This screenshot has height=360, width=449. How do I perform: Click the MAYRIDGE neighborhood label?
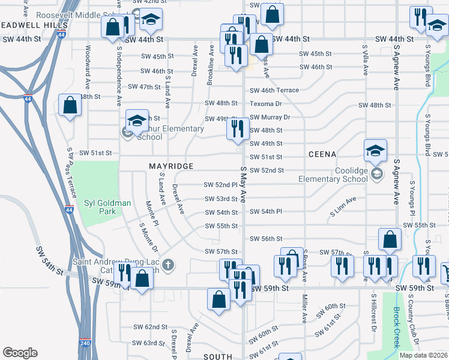point(171,166)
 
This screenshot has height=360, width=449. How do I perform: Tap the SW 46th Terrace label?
point(274,90)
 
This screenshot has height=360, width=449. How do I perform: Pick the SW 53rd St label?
point(221,199)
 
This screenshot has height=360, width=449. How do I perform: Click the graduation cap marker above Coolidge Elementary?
point(376,150)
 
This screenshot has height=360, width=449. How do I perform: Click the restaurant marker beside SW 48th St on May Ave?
point(238,128)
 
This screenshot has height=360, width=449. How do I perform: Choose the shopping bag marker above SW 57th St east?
point(390,239)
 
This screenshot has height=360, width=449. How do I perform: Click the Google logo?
point(20,353)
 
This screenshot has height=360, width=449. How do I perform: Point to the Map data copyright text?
point(424,355)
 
